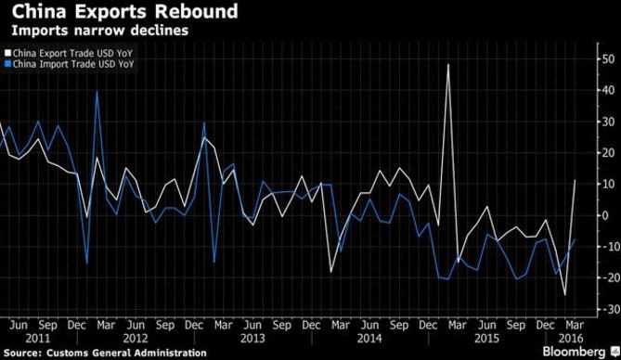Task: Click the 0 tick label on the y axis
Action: point(604,215)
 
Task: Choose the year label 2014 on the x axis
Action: point(356,338)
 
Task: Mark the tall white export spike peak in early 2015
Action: point(448,64)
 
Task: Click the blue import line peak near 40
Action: point(97,91)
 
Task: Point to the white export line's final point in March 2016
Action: point(576,180)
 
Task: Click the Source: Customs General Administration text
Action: point(103,354)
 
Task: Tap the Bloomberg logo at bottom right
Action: point(580,353)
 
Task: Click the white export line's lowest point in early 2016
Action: point(566,295)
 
